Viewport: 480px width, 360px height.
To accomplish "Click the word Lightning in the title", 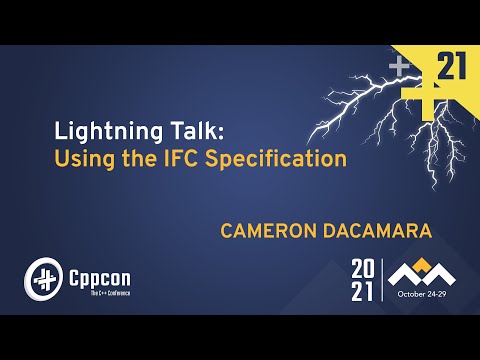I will [102, 131].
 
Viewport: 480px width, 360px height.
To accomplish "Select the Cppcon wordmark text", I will [99, 272].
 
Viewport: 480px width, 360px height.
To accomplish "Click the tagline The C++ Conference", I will [98, 291].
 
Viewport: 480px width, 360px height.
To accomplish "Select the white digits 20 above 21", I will [362, 270].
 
